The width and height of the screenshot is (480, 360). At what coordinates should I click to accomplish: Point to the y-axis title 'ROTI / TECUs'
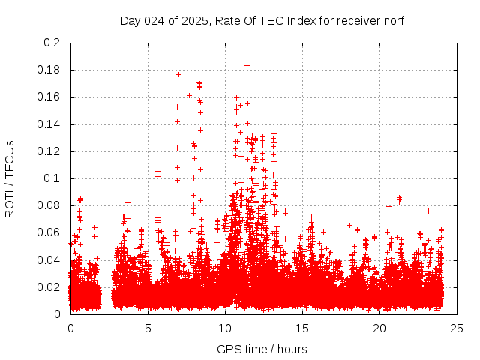10,178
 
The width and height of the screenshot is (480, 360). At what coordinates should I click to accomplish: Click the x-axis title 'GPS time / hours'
262,349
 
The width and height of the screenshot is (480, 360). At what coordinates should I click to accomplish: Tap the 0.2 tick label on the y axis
52,43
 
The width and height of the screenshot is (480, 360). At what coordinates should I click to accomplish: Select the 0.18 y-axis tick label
49,70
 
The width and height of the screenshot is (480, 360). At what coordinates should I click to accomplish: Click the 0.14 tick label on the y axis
49,124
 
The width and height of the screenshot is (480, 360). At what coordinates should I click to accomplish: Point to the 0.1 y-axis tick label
52,178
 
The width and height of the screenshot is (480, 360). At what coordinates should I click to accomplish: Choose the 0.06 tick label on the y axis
49,232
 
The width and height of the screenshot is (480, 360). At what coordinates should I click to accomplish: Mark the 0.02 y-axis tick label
49,286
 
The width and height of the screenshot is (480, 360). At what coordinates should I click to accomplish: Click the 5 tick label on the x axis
148,328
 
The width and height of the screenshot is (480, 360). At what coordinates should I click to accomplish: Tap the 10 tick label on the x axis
225,328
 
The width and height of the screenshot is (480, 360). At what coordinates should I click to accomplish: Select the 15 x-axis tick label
302,328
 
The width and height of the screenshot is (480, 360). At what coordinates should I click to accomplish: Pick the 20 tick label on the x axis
379,328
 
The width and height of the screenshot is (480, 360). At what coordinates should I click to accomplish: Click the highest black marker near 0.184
247,65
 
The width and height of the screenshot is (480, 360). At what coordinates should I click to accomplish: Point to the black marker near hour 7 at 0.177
178,74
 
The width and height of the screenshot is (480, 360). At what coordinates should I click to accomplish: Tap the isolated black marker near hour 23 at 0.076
428,211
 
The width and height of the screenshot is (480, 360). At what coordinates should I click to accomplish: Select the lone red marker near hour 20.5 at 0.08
388,206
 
